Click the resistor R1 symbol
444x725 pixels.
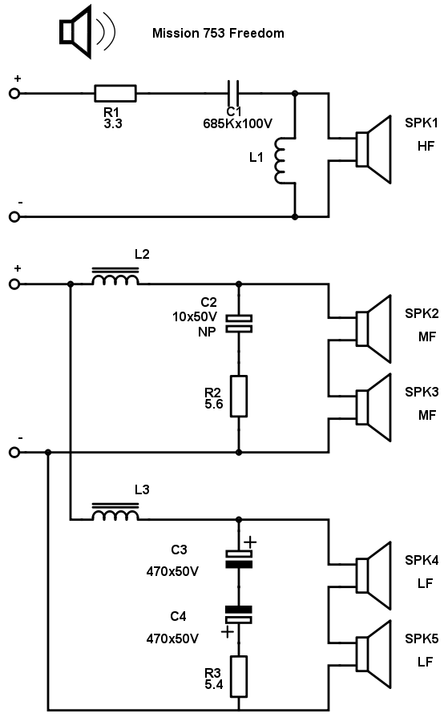coord(115,94)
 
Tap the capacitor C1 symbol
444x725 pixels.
coord(233,94)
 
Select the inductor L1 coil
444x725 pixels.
coord(281,160)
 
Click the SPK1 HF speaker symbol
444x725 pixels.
coord(373,149)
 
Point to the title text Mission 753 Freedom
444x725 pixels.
coord(218,34)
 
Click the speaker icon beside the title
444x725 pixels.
coord(87,32)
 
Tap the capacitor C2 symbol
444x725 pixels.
coord(239,324)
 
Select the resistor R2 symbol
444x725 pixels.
coord(239,397)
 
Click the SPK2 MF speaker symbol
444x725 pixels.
coord(373,328)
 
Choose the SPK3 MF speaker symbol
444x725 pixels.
coord(373,407)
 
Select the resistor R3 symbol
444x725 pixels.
coord(239,676)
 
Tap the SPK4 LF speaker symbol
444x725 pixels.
coord(373,576)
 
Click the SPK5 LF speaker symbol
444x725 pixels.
coord(373,655)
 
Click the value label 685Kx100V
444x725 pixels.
coord(237,124)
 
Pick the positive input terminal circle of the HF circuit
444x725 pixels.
coord(14,94)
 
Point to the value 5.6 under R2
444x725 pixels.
coord(214,405)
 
